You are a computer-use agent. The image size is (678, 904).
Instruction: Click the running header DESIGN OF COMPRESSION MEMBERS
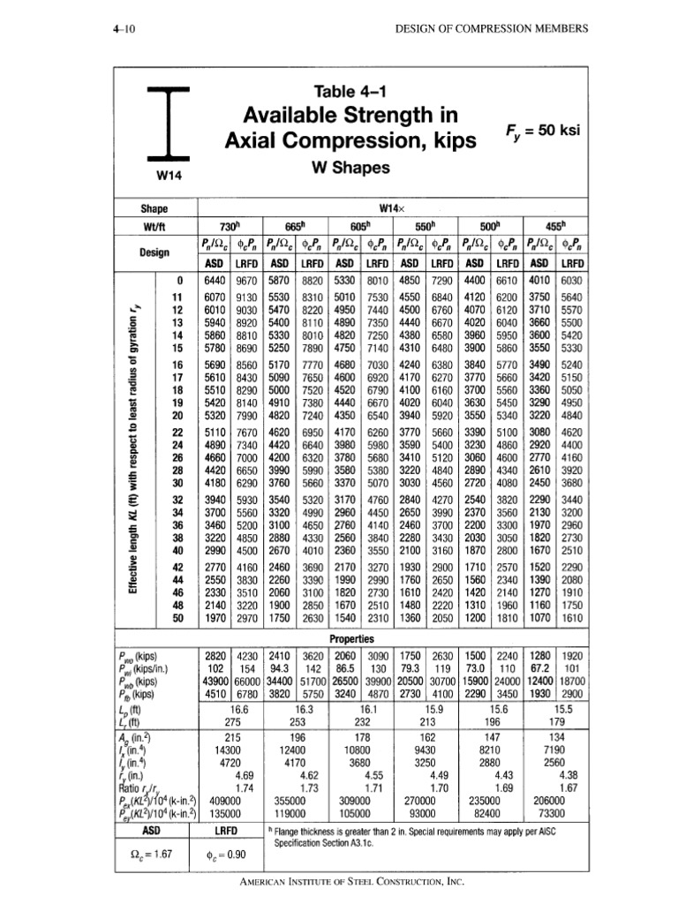click(491, 28)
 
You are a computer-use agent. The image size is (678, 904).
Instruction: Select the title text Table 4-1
click(364, 90)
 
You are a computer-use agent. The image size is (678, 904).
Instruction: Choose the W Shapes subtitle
click(364, 165)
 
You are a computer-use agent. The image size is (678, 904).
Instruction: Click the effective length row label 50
click(176, 619)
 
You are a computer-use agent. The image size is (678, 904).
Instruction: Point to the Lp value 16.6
click(237, 708)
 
